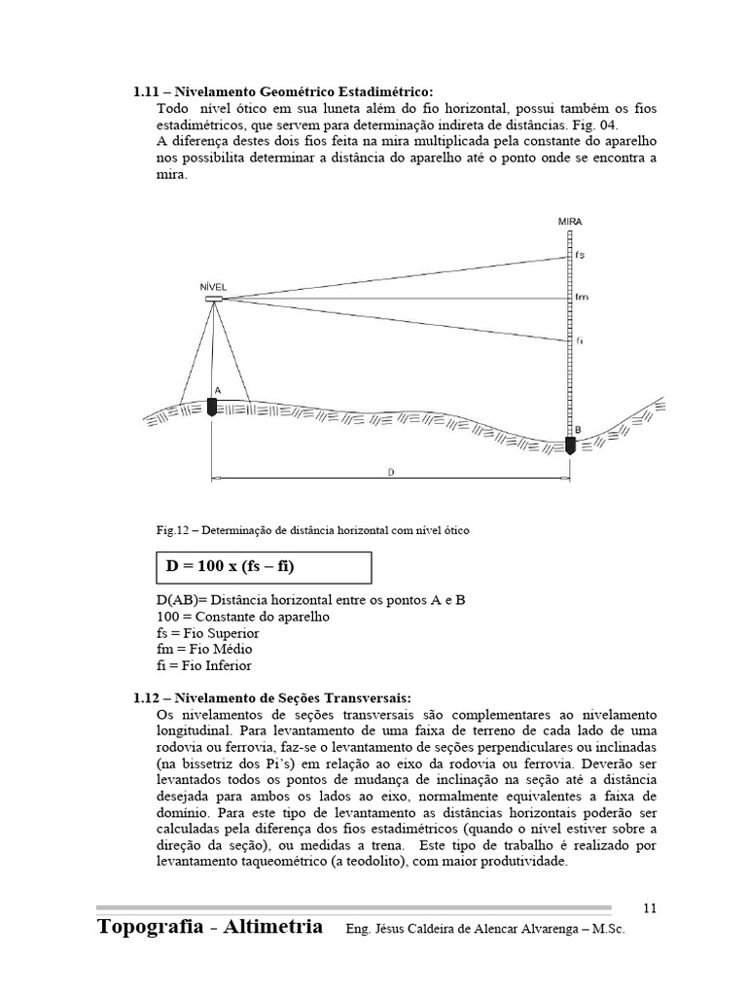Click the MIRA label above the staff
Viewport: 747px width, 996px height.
pos(570,222)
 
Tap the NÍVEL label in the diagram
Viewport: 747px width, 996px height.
pos(213,287)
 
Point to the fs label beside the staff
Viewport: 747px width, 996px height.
pos(580,255)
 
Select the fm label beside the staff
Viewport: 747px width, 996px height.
pos(582,298)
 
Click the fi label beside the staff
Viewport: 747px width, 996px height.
pos(579,340)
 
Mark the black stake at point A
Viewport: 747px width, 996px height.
pos(212,407)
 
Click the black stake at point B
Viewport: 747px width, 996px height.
pos(571,445)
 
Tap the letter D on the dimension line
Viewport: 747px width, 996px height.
pos(390,472)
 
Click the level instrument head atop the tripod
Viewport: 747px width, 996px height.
pos(213,299)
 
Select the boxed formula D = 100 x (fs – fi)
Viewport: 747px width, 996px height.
pos(262,567)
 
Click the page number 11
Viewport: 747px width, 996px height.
pos(650,907)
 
